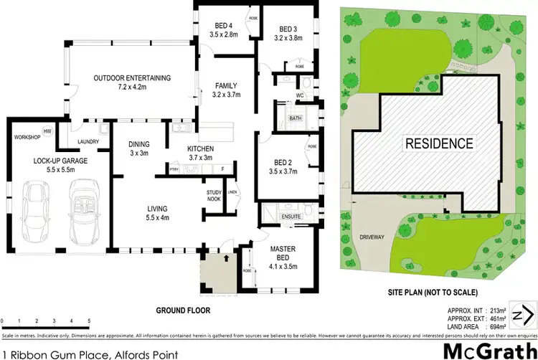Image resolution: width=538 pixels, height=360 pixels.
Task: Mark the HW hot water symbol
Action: pos(47,131)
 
